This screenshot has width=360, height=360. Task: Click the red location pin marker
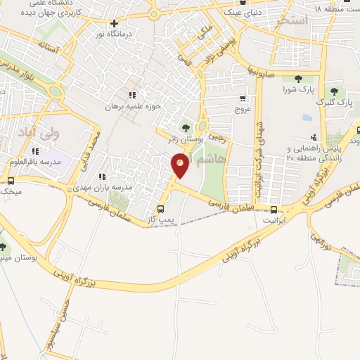pyautogui.click(x=180, y=166)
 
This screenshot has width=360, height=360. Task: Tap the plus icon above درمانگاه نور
pyautogui.click(x=115, y=23)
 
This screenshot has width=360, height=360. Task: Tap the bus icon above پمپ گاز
pyautogui.click(x=161, y=209)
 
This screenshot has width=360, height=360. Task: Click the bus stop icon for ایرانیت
pyautogui.click(x=274, y=209)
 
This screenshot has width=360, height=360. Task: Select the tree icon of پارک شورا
pyautogui.click(x=298, y=79)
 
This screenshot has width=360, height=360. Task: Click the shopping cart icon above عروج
pyautogui.click(x=243, y=98)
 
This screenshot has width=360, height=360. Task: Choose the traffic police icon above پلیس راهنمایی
pyautogui.click(x=314, y=138)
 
